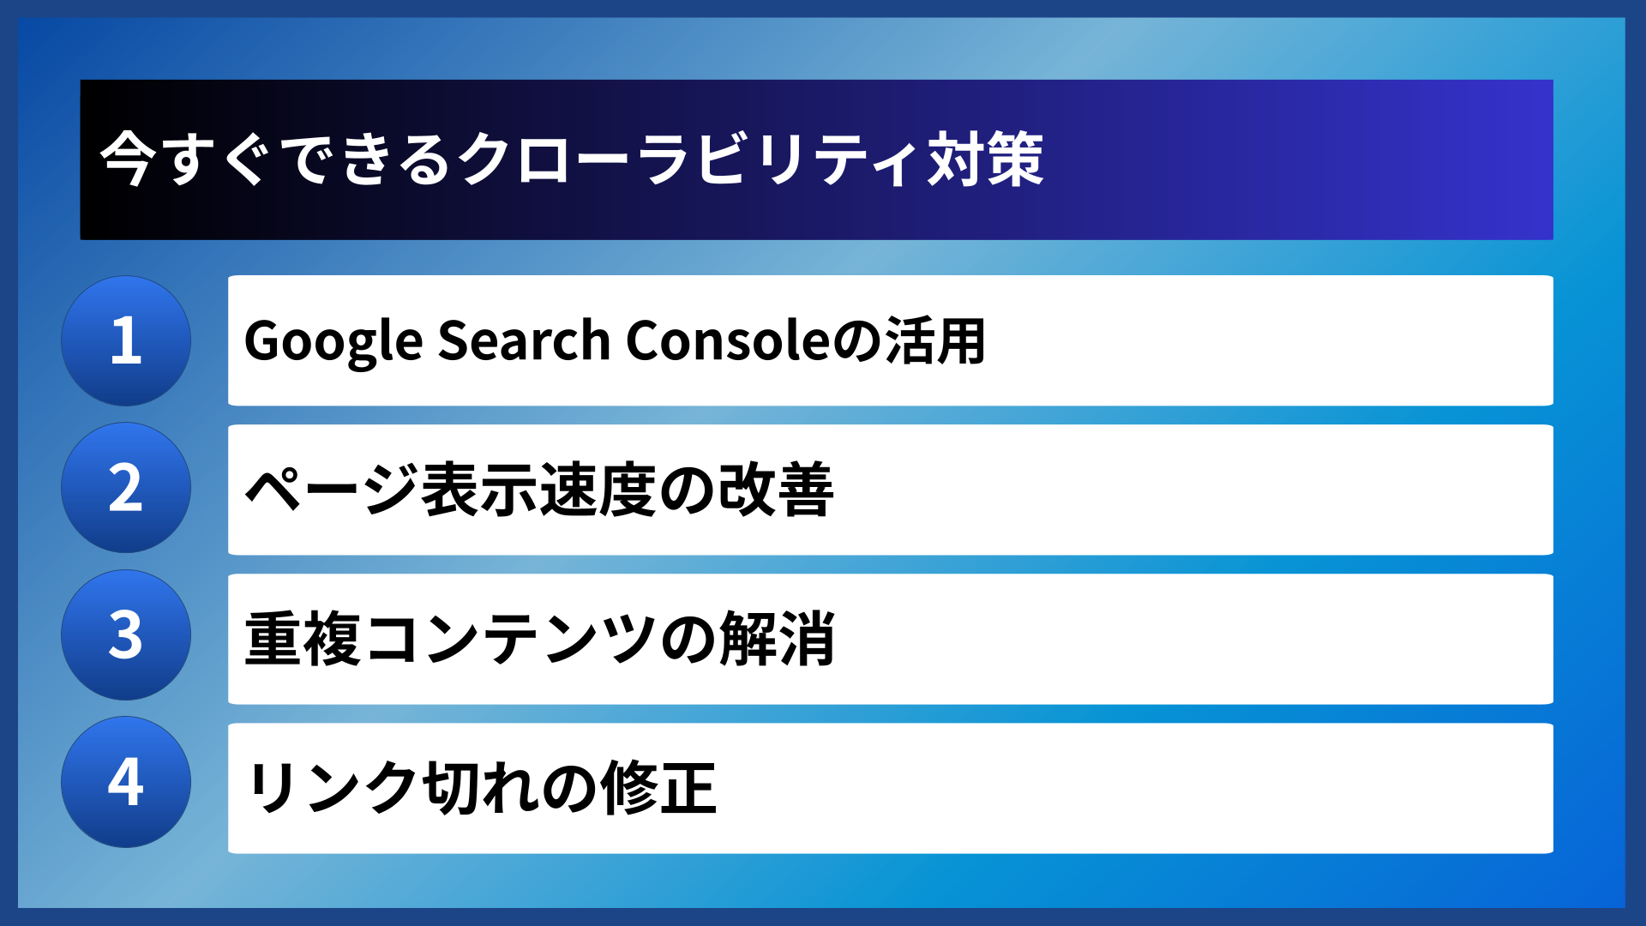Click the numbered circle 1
click(126, 340)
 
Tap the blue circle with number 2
click(126, 488)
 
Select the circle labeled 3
click(126, 635)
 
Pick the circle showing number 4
click(126, 782)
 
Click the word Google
click(333, 341)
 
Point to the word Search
click(524, 340)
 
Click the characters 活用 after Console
click(935, 340)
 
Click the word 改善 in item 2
click(776, 489)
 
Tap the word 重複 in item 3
click(303, 639)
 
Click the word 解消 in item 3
click(777, 639)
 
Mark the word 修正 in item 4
click(658, 787)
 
